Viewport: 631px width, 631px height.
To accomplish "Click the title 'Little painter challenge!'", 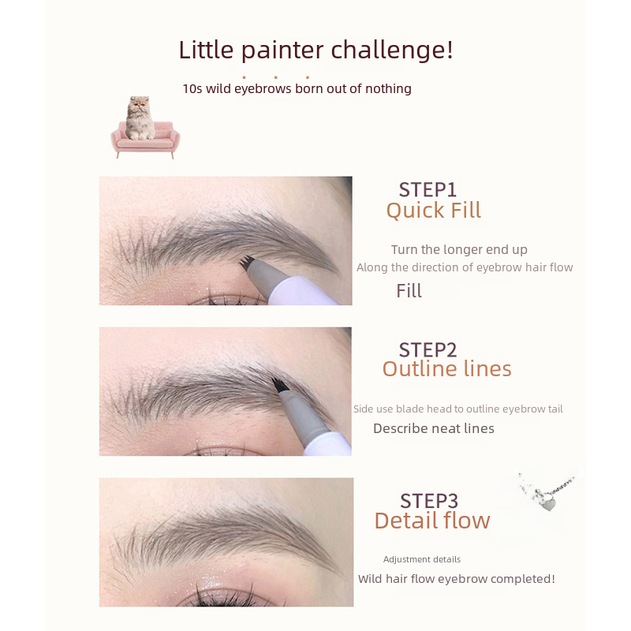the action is point(316,50).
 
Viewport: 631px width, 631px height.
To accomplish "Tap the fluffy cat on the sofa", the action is point(140,118).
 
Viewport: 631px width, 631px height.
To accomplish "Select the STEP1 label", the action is point(428,190).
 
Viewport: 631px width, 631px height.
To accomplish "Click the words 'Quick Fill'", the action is point(433,211).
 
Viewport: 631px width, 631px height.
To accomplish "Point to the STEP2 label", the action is point(428,350).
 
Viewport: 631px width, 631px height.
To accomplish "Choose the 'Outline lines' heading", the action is point(446,368).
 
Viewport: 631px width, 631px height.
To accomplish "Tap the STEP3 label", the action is point(429,502).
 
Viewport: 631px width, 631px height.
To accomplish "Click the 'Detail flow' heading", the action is point(432,521).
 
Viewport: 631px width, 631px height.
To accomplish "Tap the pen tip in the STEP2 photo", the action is point(278,385).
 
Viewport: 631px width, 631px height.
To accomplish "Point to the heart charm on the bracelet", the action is point(548,504).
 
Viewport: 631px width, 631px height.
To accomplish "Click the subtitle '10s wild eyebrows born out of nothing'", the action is point(297,89).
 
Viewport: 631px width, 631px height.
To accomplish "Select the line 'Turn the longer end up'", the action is point(459,250).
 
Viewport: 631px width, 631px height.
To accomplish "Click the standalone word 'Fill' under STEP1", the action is point(409,291).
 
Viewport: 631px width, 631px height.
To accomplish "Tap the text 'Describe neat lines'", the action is point(434,428).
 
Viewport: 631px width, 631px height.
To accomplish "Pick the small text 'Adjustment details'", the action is point(422,559).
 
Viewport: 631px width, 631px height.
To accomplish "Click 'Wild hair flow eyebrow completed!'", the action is point(457,579).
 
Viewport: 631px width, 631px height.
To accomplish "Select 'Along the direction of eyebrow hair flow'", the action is point(465,267).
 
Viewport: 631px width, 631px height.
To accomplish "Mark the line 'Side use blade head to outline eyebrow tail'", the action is point(458,409).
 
